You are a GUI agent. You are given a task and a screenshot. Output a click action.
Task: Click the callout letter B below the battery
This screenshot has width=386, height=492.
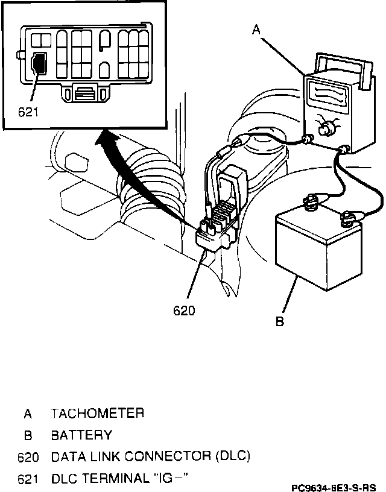coord(280,321)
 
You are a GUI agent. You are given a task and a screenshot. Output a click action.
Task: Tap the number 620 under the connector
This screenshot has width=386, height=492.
coord(185,311)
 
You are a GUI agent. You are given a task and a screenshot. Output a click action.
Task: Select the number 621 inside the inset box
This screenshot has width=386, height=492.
coord(30,112)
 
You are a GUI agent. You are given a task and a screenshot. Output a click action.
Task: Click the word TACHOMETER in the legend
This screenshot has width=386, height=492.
coord(98,414)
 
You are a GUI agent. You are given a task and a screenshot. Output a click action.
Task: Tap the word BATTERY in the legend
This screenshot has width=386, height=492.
coord(82,435)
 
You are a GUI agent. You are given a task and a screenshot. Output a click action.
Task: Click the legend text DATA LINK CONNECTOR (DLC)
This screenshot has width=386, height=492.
coord(151,456)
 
